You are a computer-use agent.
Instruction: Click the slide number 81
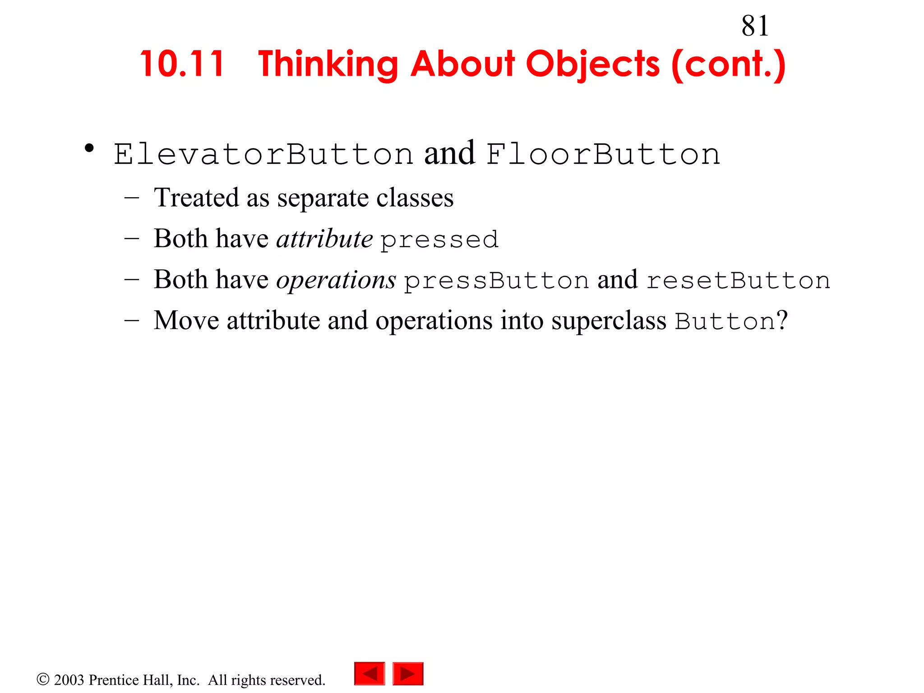coord(755,26)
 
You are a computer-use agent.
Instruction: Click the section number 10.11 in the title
coord(182,64)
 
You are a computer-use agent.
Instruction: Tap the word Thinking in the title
coord(328,65)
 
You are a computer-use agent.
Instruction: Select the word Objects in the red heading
coord(592,65)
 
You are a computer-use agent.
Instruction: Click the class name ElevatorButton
coord(263,154)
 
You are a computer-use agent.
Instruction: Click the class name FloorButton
coord(603,154)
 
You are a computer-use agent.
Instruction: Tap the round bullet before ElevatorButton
coord(89,148)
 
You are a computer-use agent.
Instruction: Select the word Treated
coord(196,198)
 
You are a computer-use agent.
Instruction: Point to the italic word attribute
coord(324,239)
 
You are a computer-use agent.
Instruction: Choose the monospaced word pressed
coord(439,240)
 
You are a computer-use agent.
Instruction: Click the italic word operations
coord(336,280)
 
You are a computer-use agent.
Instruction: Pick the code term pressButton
coord(496,281)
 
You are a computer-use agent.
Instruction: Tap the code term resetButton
coord(739,281)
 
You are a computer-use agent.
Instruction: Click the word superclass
coord(609,321)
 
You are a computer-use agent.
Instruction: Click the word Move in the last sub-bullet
coord(186,321)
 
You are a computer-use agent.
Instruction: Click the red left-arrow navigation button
coord(370,674)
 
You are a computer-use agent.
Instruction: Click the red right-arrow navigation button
coord(408,674)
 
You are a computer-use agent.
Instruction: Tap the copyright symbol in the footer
coord(43,679)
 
